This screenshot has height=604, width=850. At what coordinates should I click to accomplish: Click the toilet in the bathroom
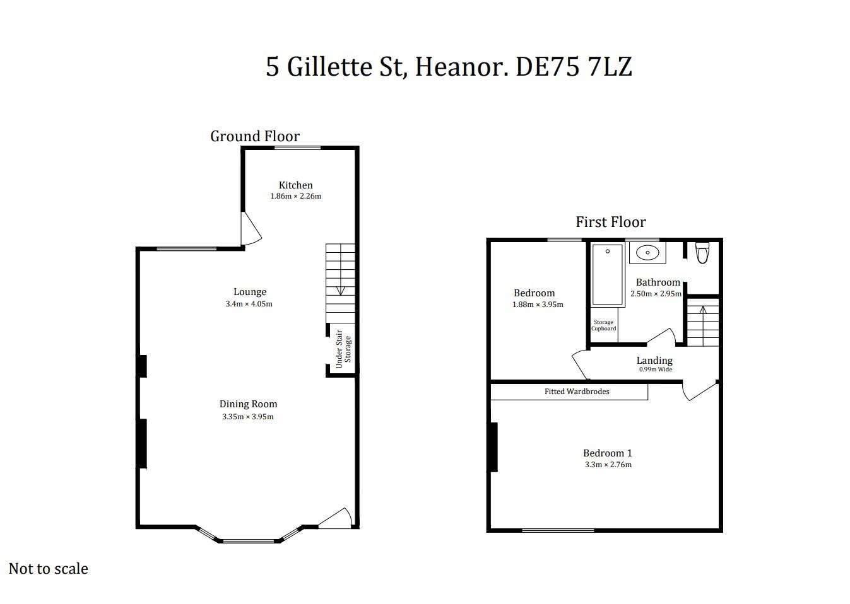click(x=702, y=253)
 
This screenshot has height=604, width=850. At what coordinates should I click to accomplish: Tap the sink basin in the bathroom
click(x=647, y=253)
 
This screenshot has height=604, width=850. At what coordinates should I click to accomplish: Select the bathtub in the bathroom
click(x=608, y=274)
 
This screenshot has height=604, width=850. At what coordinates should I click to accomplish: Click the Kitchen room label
click(x=295, y=185)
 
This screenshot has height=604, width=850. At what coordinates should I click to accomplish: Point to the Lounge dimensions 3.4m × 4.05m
click(x=249, y=304)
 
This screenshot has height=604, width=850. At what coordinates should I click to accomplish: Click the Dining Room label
click(x=248, y=404)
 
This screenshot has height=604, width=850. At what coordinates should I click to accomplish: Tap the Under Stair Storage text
click(x=343, y=349)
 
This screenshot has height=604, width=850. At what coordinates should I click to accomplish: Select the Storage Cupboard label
click(x=603, y=325)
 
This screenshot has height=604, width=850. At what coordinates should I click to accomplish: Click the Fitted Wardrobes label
click(x=577, y=392)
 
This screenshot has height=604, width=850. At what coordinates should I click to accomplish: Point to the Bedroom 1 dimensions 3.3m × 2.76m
click(x=608, y=465)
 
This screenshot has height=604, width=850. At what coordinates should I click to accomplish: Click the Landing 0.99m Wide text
click(x=654, y=364)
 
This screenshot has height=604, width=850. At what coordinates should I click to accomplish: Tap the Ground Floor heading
click(x=254, y=136)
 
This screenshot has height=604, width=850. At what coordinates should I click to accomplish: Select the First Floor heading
click(x=610, y=222)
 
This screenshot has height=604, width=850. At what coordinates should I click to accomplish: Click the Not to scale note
click(x=49, y=569)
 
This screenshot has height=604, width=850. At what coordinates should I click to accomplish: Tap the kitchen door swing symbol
click(x=251, y=229)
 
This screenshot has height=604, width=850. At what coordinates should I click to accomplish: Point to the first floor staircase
click(x=702, y=324)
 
